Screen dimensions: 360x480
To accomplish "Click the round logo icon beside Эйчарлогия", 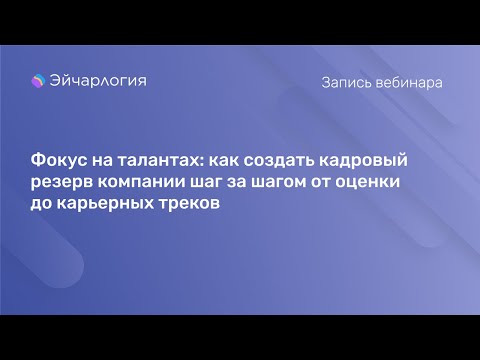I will pos(39,82).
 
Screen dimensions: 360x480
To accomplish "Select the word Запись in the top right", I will pos(346,83).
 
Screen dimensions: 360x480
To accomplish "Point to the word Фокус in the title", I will pos(59,162).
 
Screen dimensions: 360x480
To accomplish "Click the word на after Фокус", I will pos(108,162).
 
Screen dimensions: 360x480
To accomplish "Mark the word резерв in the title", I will pos(60,183).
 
